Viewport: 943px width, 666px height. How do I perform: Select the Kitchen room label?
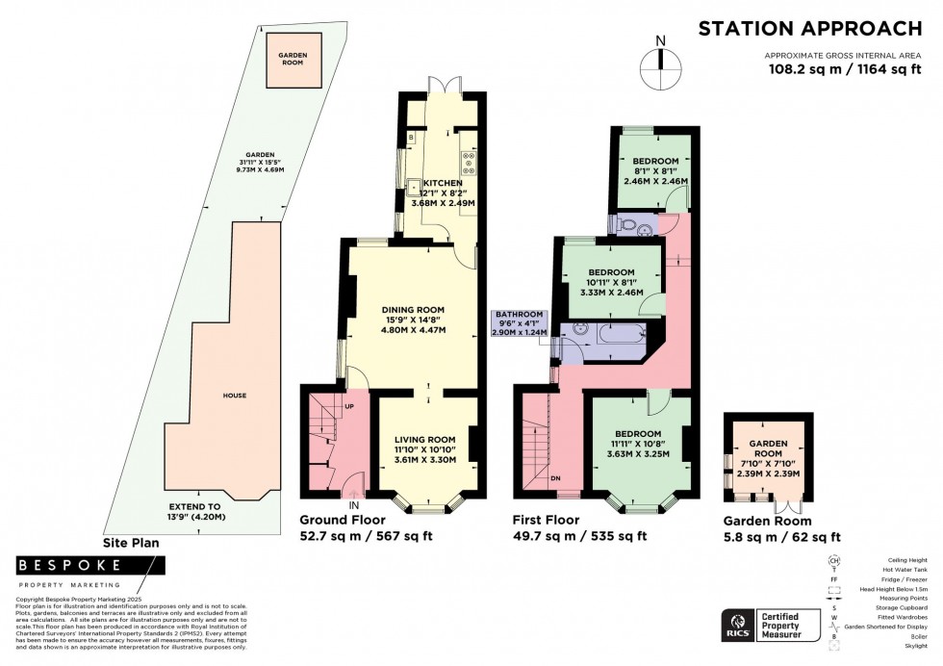tap(439, 183)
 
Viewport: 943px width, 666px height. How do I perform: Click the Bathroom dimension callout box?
tap(520, 323)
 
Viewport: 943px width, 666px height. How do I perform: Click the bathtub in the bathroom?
tap(616, 335)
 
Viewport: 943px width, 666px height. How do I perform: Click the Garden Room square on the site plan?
tap(293, 57)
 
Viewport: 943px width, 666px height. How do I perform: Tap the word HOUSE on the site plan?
tap(234, 395)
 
